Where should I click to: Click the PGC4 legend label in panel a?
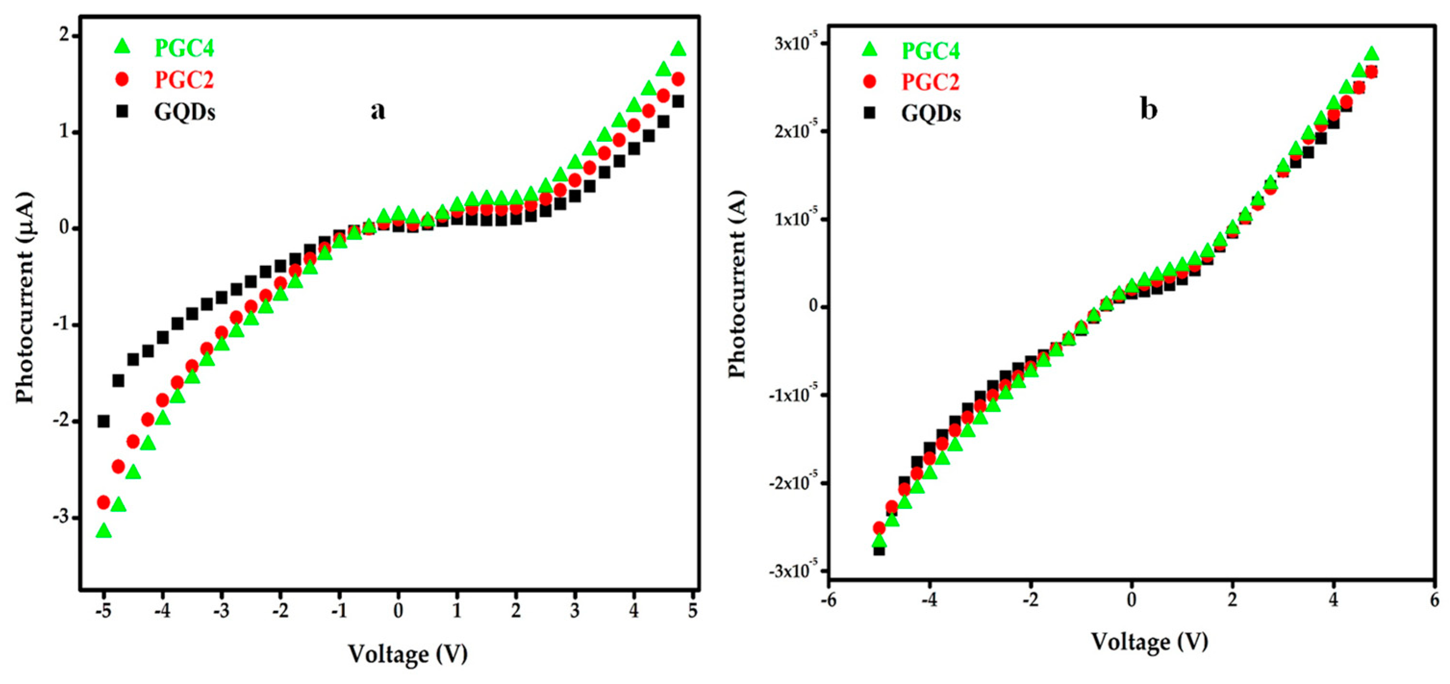pyautogui.click(x=184, y=49)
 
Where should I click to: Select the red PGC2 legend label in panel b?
pyautogui.click(x=930, y=82)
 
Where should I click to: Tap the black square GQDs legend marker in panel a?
pyautogui.click(x=122, y=112)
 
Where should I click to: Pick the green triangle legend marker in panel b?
pyautogui.click(x=870, y=50)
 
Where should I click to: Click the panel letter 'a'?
pyautogui.click(x=378, y=110)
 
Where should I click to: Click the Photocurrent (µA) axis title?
pyautogui.click(x=25, y=298)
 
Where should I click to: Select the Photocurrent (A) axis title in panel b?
pyautogui.click(x=737, y=284)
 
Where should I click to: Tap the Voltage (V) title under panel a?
pyautogui.click(x=408, y=654)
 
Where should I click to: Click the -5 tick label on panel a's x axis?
pyautogui.click(x=102, y=611)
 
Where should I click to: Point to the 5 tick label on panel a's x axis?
pyautogui.click(x=693, y=611)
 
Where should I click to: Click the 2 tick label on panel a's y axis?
pyautogui.click(x=66, y=36)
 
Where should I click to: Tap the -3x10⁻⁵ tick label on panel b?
pyautogui.click(x=791, y=572)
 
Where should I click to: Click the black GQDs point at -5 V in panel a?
pyautogui.click(x=103, y=421)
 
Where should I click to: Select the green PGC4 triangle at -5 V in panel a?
pyautogui.click(x=103, y=531)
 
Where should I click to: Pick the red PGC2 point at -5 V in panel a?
pyautogui.click(x=103, y=502)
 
